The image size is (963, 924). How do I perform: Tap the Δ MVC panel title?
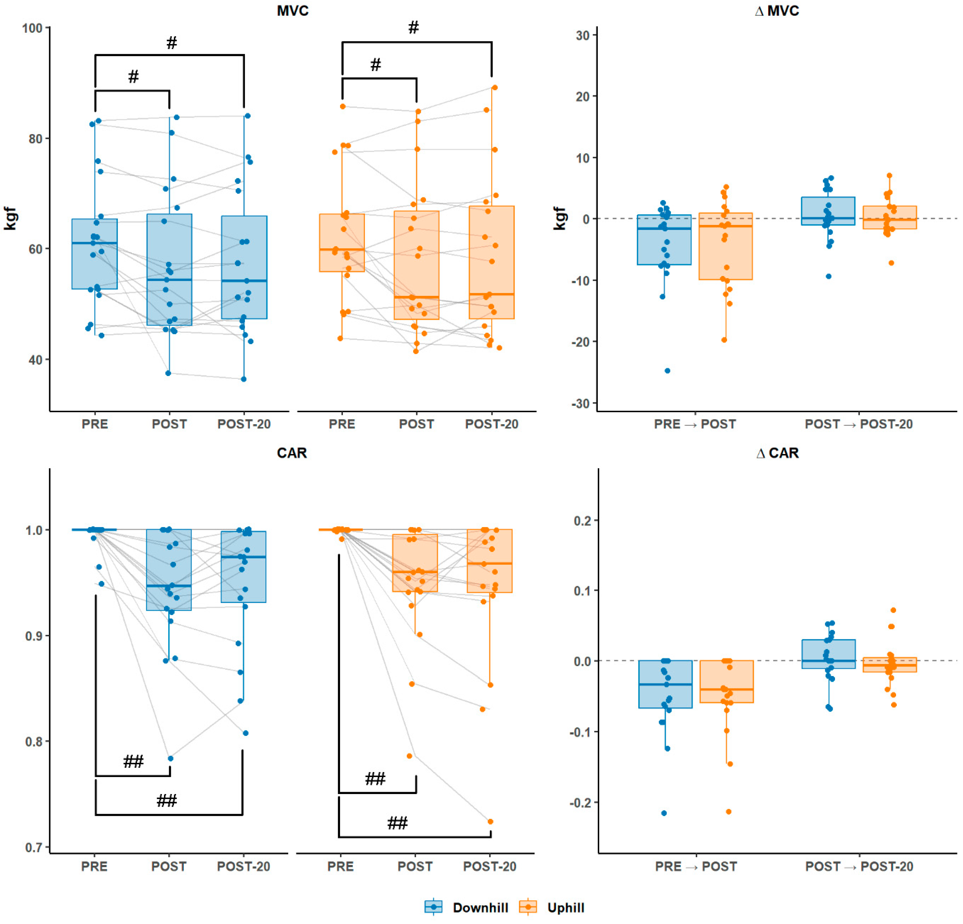pos(777,11)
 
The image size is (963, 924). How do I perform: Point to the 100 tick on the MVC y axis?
pos(32,28)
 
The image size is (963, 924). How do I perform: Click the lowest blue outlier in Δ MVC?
pos(667,370)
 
